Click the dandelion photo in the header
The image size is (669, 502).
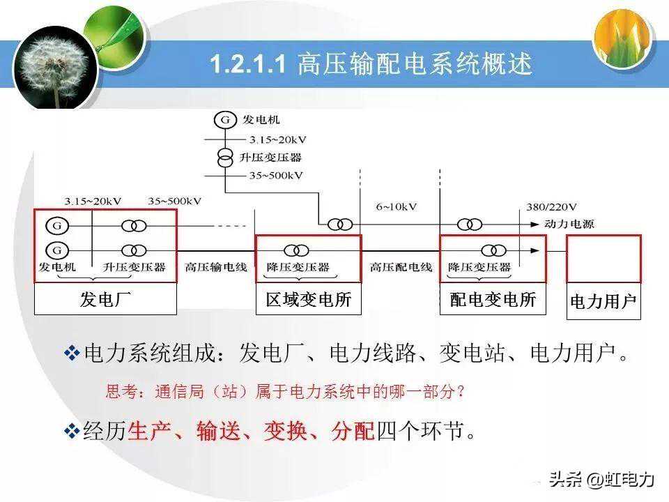tap(56, 68)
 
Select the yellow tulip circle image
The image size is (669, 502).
tap(623, 39)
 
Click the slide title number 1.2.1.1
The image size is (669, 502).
tap(247, 64)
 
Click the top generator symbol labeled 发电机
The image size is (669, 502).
tap(225, 120)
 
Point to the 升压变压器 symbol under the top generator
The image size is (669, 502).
tap(225, 158)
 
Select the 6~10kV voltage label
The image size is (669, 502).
tap(396, 207)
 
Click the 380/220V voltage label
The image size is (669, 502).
tap(551, 208)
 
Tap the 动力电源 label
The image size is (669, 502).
tap(569, 224)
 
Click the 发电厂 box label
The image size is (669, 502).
tap(105, 299)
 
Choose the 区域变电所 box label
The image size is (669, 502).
tap(309, 300)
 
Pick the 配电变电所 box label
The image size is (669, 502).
tap(493, 300)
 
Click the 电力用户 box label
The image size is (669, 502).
tap(603, 302)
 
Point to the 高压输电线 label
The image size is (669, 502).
tap(216, 267)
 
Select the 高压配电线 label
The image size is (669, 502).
tap(401, 267)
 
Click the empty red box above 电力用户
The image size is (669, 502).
tap(603, 259)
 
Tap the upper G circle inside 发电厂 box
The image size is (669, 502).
tap(57, 225)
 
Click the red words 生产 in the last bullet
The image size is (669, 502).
tap(149, 431)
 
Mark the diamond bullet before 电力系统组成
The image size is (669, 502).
tap(72, 353)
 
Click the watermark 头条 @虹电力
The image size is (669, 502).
tap(601, 480)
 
